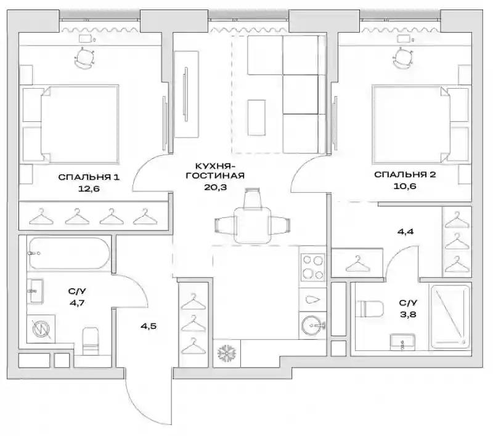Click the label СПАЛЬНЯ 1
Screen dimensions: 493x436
tap(89, 177)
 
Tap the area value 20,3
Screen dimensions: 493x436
tap(215, 187)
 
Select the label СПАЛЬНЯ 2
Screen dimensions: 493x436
tap(405, 174)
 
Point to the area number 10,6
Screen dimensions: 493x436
tap(405, 186)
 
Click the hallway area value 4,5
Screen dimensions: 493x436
tap(149, 326)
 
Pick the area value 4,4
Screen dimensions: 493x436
tap(405, 232)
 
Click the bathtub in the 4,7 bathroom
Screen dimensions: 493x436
tap(69, 253)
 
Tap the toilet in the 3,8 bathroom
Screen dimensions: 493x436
tap(370, 309)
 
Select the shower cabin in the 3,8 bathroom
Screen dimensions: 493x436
tap(450, 317)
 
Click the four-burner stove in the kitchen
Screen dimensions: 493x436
tap(312, 267)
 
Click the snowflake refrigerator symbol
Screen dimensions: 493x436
tap(226, 353)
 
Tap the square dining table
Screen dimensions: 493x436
tap(252, 225)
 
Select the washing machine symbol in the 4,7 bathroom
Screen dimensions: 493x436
tap(41, 329)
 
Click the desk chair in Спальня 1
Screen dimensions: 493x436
tap(84, 57)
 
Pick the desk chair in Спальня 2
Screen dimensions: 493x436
tap(403, 57)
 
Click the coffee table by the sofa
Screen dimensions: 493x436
tap(256, 118)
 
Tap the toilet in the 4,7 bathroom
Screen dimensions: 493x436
tap(91, 341)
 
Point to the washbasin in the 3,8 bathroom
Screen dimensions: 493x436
tap(402, 342)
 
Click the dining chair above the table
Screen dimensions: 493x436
tap(252, 198)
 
